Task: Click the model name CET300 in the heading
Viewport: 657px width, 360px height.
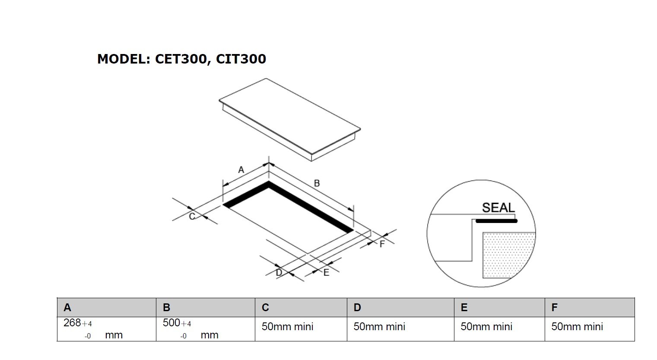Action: click(x=180, y=59)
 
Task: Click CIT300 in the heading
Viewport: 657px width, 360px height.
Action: click(x=241, y=59)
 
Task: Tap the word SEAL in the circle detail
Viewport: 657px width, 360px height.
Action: click(x=498, y=208)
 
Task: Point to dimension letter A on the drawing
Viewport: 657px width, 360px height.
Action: click(x=241, y=170)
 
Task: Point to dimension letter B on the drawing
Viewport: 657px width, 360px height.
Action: click(x=317, y=183)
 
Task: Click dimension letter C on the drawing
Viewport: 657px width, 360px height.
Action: click(x=192, y=216)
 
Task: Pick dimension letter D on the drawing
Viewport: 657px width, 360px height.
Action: click(x=279, y=273)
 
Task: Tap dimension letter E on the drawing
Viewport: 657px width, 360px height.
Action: click(x=326, y=273)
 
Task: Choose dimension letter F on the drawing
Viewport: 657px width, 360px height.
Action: click(x=382, y=244)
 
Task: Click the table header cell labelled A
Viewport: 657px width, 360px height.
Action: click(x=106, y=307)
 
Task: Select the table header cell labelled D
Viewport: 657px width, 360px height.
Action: click(x=400, y=307)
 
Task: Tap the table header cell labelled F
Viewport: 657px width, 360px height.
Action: click(x=589, y=307)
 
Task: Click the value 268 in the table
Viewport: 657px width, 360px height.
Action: click(x=72, y=323)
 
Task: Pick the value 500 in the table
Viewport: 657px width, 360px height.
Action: click(x=171, y=323)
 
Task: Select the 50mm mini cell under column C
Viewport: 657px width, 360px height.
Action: click(x=288, y=327)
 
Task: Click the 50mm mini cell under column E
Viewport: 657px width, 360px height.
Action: click(x=486, y=327)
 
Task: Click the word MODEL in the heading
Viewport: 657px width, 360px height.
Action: click(x=123, y=59)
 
